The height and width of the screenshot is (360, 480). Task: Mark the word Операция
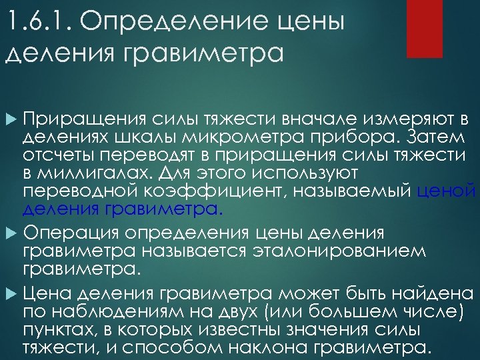click(x=77, y=233)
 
